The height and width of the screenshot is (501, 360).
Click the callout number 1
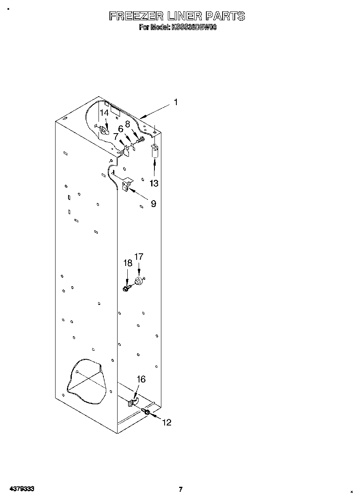[x=176, y=103]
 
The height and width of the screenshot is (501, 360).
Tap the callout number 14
[x=104, y=113]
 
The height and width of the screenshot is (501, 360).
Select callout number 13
[x=154, y=183]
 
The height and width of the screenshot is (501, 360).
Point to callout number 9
[x=153, y=204]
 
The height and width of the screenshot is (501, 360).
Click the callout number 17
[x=139, y=257]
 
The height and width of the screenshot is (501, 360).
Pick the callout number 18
[x=127, y=263]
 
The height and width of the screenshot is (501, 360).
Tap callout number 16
[x=141, y=379]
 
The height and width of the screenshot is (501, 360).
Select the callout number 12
[x=167, y=423]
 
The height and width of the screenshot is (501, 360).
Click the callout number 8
[x=127, y=124]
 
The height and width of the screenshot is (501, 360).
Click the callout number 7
[x=116, y=137]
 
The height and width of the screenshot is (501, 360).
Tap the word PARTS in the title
[x=225, y=16]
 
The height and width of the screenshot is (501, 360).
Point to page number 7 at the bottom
[x=181, y=489]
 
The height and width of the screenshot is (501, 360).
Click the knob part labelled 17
[x=139, y=281]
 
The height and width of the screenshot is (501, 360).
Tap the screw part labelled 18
[x=126, y=288]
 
